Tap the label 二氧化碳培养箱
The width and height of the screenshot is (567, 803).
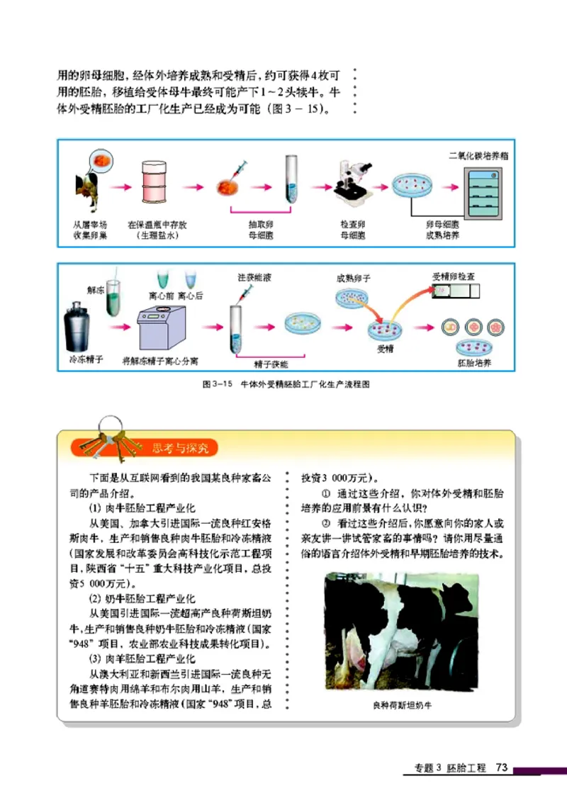(478, 155)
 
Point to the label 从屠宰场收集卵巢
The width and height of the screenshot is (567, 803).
(89, 230)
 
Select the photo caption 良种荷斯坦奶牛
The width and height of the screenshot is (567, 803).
(401, 705)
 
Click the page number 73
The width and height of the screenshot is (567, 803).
(503, 768)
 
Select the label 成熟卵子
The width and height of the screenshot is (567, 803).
(353, 279)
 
